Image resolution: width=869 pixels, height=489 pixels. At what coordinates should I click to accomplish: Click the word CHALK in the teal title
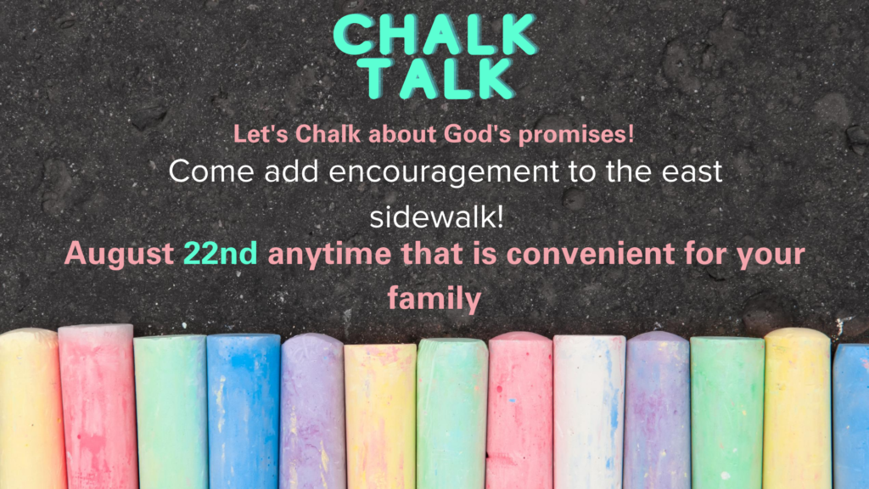[x=434, y=36]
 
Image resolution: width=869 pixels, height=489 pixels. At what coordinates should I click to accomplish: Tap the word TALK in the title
[x=434, y=79]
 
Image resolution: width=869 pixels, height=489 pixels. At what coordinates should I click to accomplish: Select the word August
[x=119, y=254]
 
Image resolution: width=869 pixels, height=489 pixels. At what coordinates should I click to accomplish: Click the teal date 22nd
[x=221, y=254]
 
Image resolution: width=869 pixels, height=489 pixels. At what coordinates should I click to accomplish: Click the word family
[x=434, y=299]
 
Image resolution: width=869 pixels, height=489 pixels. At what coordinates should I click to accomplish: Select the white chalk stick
[x=589, y=412]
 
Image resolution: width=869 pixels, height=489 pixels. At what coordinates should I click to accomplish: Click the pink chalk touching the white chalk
[x=520, y=412]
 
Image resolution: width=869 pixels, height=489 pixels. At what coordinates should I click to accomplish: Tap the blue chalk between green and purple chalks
[x=243, y=412]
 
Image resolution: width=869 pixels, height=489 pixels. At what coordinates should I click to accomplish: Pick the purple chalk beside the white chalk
[x=657, y=412]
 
